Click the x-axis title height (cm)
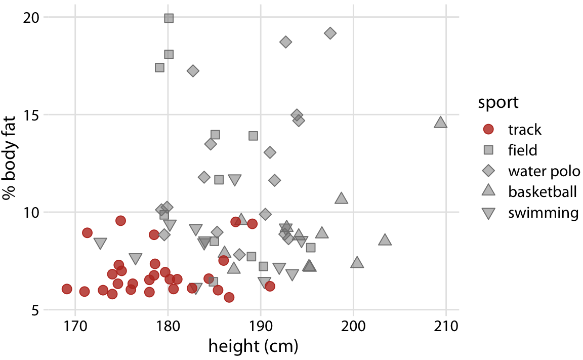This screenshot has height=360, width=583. point(253,347)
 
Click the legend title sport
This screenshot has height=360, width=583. point(498,102)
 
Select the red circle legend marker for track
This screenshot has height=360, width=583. point(488,130)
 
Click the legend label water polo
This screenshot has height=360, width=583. point(544,171)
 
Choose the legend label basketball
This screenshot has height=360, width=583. point(542,192)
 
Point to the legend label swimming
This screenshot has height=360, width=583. point(543,213)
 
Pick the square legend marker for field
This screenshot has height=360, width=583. point(488,150)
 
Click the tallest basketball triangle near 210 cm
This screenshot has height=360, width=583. point(440,123)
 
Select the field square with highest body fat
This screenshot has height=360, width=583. point(169,18)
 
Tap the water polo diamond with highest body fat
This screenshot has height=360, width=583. point(330,33)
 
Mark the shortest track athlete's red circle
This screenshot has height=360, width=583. point(67,289)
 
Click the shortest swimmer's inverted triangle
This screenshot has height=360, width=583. point(100,244)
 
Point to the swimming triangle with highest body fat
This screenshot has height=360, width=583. point(235,180)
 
